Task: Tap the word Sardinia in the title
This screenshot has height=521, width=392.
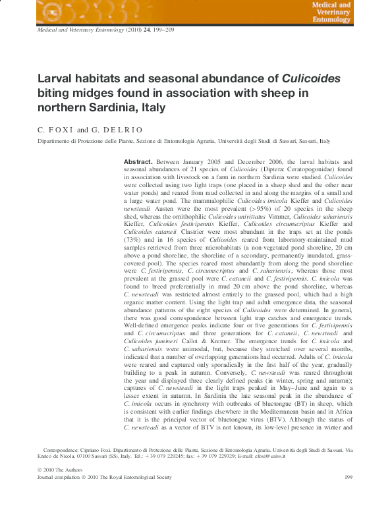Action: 117,108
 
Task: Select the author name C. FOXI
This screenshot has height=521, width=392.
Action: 55,130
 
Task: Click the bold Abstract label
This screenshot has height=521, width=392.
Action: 138,161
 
